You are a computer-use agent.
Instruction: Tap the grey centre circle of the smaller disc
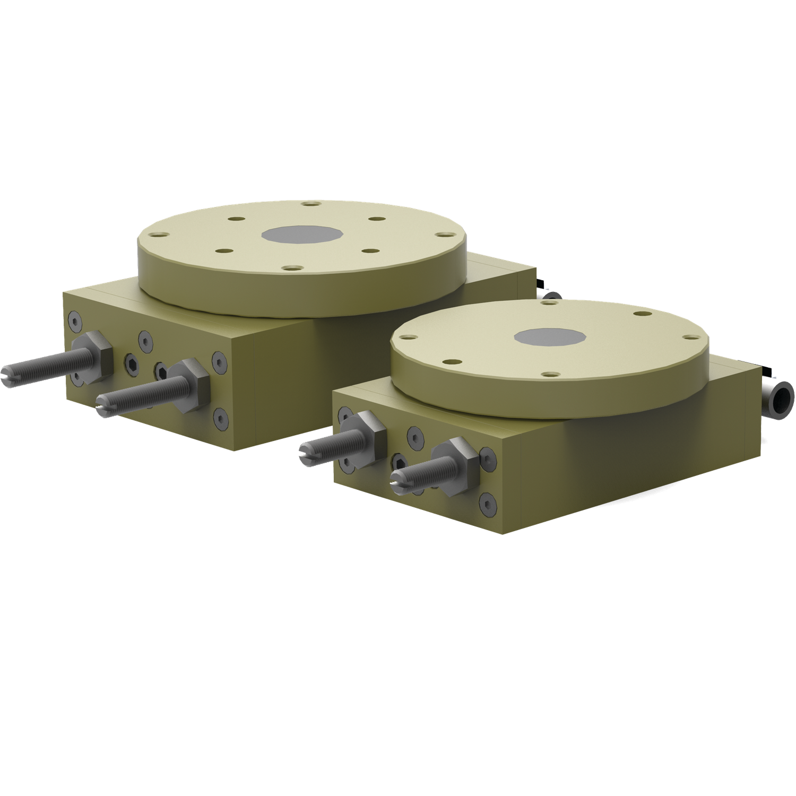(x=550, y=336)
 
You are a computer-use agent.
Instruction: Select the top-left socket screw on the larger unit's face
(x=75, y=321)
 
